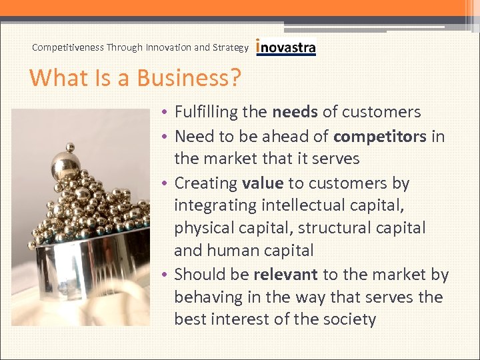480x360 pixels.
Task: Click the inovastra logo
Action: tap(286, 47)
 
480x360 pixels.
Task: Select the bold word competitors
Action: tap(380, 136)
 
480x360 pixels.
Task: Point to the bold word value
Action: tap(263, 183)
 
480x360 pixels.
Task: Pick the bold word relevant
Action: tap(286, 275)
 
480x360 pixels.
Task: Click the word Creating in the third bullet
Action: tap(206, 183)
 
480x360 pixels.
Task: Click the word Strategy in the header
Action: tap(231, 47)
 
